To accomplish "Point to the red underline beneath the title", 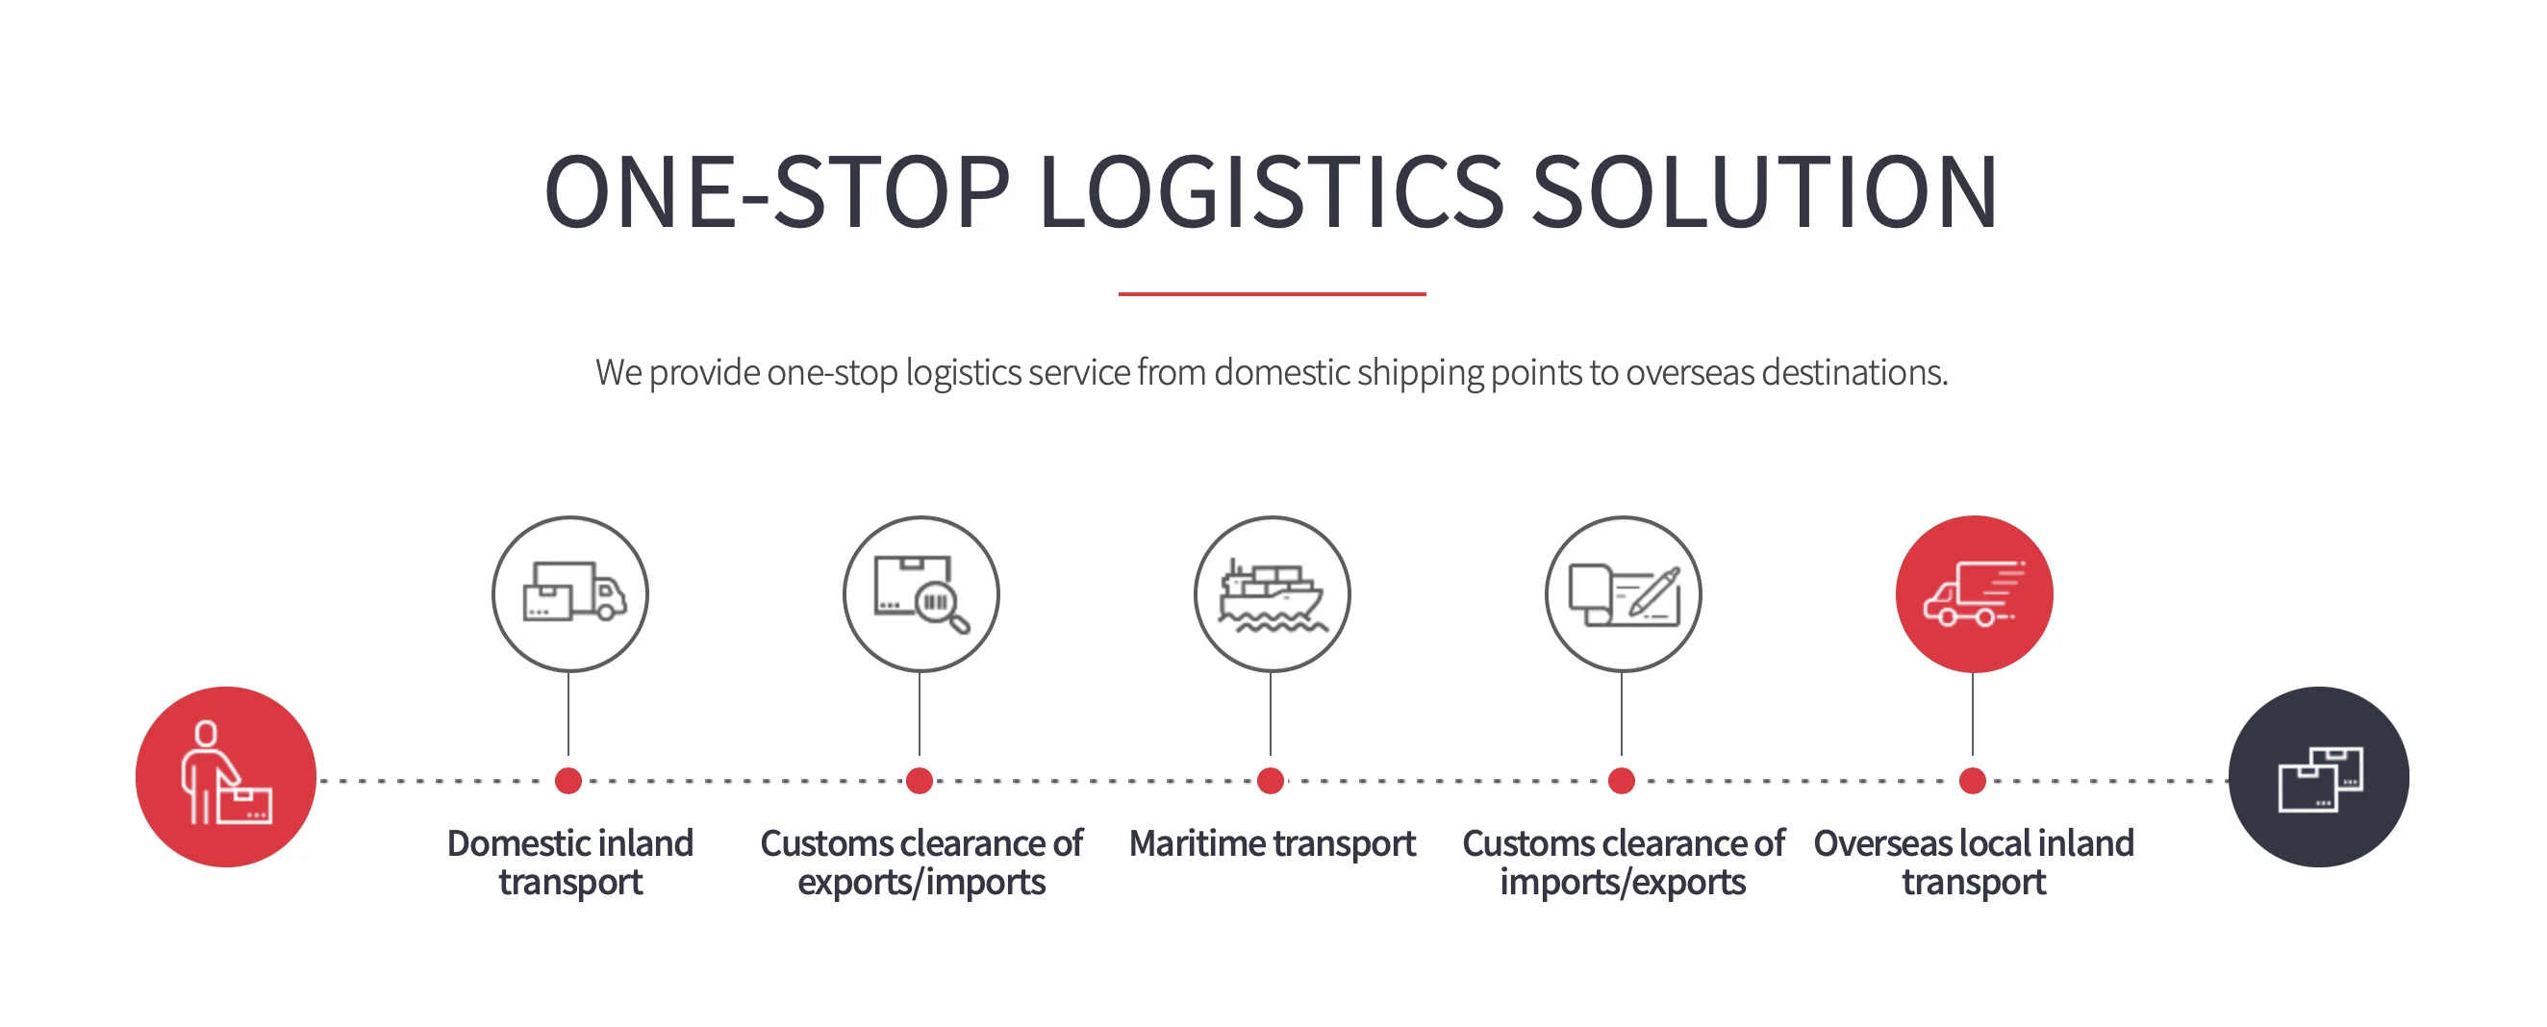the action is point(1272,293).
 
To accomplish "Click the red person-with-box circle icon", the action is point(225,777).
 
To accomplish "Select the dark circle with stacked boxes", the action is point(2318,777).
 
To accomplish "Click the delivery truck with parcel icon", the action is point(570,594).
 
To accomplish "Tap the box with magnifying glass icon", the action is point(920,594).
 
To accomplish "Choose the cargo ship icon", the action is point(1272,594).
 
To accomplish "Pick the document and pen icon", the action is point(1623,594).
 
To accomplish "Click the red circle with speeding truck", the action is point(1974,594).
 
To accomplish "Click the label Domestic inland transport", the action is point(570,862).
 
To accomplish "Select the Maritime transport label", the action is point(1272,844).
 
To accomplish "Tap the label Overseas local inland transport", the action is point(1974,862).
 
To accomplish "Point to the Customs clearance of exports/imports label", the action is point(920,862).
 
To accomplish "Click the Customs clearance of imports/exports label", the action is point(1623,862).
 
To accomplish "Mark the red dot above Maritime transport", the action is point(1271,781).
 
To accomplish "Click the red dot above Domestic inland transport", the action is point(568,781).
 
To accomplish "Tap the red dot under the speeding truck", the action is point(1973,781).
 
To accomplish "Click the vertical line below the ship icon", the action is point(1271,714).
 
